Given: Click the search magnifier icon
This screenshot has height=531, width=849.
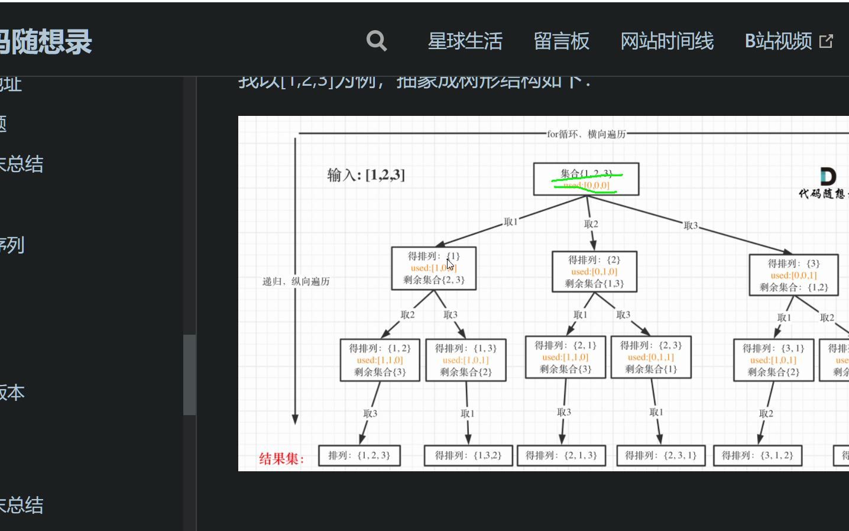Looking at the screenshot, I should click(377, 41).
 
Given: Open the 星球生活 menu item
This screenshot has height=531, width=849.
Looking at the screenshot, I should click(465, 41).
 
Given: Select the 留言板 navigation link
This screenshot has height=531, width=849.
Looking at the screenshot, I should click(561, 41).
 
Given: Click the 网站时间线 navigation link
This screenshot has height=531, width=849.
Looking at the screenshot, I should click(667, 41).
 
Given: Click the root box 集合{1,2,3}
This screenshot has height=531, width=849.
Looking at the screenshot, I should click(586, 179).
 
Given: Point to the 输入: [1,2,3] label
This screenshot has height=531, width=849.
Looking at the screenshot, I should click(366, 175).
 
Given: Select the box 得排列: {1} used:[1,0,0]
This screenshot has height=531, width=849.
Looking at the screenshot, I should click(433, 268).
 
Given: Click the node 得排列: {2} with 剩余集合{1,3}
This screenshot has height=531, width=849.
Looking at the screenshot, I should click(594, 271).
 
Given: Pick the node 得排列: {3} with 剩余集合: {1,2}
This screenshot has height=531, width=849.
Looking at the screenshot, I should click(793, 275).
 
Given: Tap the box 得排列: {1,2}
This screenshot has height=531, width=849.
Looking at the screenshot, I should click(380, 360).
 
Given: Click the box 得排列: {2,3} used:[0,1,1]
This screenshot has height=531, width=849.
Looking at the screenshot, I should click(650, 357).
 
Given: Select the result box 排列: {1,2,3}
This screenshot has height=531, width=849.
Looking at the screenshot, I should click(359, 455).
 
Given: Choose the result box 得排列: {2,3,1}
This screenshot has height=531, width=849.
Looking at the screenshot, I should click(660, 455).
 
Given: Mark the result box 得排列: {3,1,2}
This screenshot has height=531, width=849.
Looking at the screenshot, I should click(757, 455).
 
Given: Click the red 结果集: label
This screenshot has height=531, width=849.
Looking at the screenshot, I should click(281, 458).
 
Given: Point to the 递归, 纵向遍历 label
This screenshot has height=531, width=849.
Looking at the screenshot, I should click(296, 281).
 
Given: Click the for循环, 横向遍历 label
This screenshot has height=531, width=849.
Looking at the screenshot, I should click(586, 134).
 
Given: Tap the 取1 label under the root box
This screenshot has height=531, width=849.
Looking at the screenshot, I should click(510, 222).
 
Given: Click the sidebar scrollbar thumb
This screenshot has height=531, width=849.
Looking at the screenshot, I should click(189, 375).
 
